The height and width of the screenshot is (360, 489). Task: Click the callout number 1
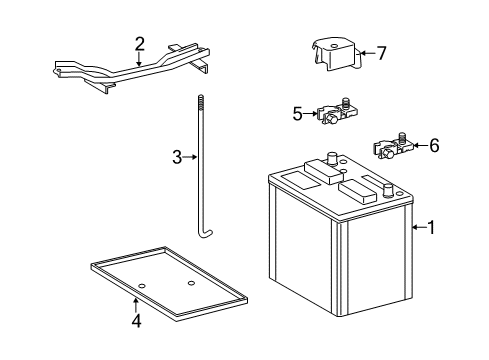tap(431, 227)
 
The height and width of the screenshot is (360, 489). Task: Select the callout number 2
tap(140, 43)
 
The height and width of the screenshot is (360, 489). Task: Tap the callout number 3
tap(176, 157)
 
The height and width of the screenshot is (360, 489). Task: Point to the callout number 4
tap(137, 321)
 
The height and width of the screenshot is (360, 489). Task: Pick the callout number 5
tap(297, 114)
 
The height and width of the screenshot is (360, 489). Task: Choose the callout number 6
tap(433, 146)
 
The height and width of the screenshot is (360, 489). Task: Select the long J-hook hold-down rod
tap(202, 170)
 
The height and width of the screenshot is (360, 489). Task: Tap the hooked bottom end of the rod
tap(208, 234)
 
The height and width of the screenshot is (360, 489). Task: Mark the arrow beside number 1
tap(417, 227)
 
